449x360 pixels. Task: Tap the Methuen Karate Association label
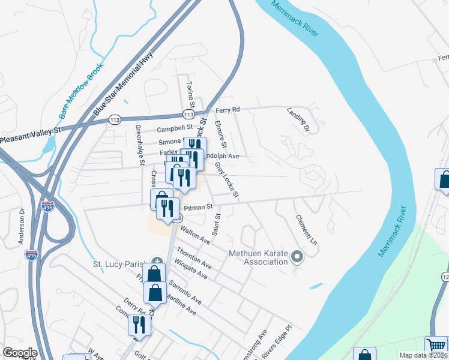[259, 257]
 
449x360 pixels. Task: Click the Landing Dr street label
[297, 120]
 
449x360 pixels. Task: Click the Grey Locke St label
[227, 179]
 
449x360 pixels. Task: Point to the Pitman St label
[198, 207]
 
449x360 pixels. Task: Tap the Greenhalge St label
[140, 145]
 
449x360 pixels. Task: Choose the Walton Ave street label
[195, 232]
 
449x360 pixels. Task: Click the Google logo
[20, 353]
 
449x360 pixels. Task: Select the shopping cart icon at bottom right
[436, 346]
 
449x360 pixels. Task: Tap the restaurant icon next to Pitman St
[168, 208]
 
